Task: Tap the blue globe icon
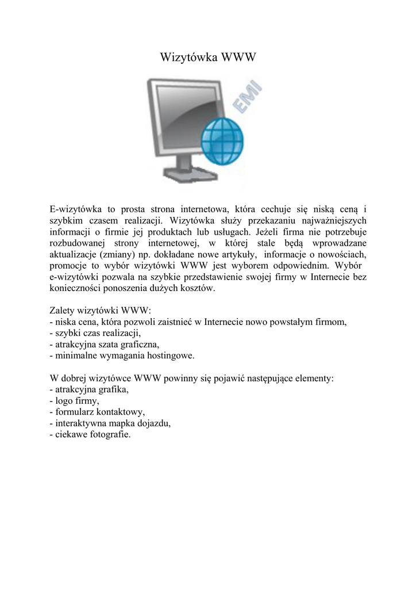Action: [224, 140]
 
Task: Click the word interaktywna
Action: [82, 423]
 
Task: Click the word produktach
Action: [178, 231]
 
